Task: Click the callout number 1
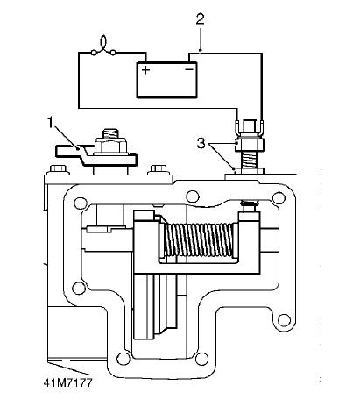[51, 123]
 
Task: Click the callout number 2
[200, 19]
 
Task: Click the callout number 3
[201, 144]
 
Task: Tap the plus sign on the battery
[145, 70]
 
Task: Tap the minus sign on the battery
[189, 69]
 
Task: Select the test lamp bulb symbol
[103, 46]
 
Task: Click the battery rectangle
[167, 80]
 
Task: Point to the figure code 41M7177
[67, 382]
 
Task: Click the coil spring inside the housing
[199, 240]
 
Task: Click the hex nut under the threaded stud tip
[110, 147]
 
